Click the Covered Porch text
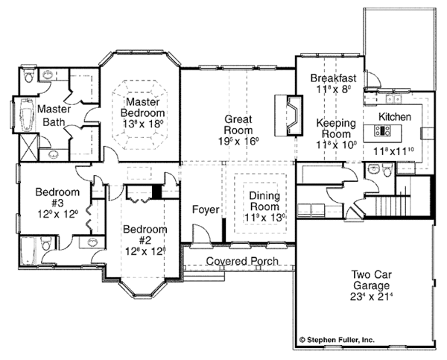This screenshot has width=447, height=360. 243,262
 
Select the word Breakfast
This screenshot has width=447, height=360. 333,78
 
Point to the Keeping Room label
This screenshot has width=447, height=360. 333,129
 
